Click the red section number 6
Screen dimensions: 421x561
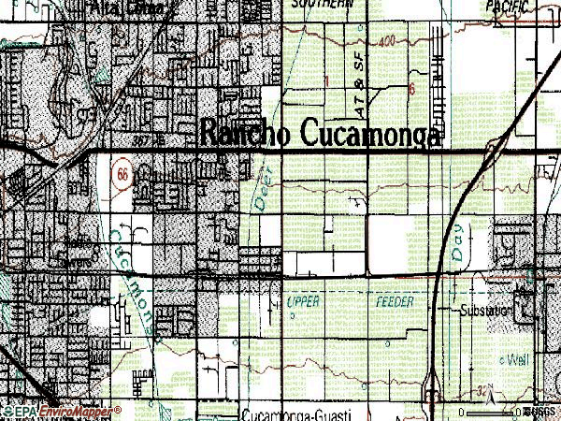point(410,89)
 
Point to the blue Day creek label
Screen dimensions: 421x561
point(458,245)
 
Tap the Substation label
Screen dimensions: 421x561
point(483,310)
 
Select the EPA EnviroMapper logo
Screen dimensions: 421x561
point(62,411)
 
